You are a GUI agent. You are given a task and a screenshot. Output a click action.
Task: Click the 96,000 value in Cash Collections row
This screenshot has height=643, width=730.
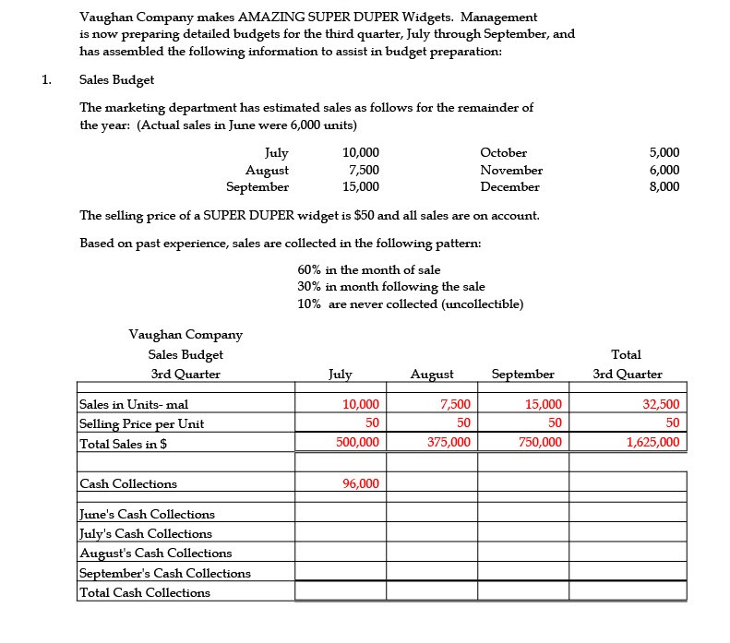(x=360, y=483)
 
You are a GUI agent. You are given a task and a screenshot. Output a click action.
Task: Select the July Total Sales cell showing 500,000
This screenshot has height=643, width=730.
(x=357, y=443)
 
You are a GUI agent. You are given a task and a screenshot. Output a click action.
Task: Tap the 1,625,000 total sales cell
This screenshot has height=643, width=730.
(x=652, y=443)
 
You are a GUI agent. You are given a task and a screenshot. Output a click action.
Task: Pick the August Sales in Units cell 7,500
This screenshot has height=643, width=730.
(x=455, y=404)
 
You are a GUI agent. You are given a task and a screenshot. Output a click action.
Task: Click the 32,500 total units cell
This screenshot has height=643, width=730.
(x=661, y=404)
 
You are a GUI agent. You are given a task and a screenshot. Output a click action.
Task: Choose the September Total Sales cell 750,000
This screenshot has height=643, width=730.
(x=540, y=443)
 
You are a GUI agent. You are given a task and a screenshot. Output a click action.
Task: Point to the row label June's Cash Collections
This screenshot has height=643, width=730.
(x=147, y=514)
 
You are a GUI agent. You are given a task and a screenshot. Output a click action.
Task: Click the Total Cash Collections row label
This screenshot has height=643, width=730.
(x=145, y=592)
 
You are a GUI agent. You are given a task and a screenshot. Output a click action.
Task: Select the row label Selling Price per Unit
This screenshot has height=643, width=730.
(x=142, y=423)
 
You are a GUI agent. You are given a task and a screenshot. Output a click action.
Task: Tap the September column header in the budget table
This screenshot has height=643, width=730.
(x=523, y=374)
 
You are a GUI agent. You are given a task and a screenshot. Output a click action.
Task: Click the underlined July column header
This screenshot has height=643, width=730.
(x=340, y=374)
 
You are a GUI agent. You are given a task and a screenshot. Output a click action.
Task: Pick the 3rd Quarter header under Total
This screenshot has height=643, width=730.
(x=627, y=374)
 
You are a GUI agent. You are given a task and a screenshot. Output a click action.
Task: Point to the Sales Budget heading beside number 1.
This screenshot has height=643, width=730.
(x=117, y=79)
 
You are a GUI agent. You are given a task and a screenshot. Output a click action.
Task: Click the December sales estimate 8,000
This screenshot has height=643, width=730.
(x=664, y=186)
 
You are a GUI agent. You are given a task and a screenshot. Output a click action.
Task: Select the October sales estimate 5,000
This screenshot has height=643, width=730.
(x=664, y=152)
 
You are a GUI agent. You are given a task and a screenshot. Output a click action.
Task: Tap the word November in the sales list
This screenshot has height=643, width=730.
(x=511, y=170)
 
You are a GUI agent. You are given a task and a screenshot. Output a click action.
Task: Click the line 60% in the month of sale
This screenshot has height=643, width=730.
(x=369, y=269)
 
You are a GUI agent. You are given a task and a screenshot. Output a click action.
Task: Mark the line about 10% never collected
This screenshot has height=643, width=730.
(x=411, y=304)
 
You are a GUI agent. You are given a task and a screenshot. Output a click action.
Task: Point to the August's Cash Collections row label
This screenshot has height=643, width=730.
(x=156, y=553)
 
